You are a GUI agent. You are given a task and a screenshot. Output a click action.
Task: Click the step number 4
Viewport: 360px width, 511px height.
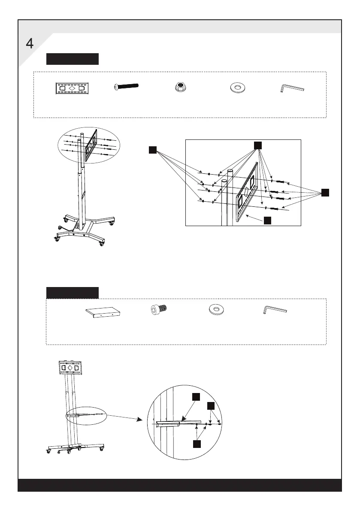(30, 44)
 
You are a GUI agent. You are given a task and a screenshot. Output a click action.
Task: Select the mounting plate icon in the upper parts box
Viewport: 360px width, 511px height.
(72, 88)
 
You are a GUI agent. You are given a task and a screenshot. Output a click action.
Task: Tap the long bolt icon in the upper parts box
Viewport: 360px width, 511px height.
(126, 86)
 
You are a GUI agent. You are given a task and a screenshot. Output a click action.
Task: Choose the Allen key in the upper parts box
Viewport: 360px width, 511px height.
(292, 88)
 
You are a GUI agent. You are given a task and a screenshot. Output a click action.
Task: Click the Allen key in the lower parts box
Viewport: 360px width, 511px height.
(274, 310)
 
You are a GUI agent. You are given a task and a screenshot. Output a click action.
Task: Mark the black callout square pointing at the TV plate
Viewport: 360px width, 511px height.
(267, 221)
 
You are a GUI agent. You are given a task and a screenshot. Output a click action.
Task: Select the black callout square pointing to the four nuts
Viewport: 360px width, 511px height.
(152, 149)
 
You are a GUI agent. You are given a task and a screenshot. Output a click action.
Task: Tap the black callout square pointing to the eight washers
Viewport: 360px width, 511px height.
(257, 145)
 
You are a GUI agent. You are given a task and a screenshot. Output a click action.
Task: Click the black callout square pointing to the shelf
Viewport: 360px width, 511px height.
(196, 397)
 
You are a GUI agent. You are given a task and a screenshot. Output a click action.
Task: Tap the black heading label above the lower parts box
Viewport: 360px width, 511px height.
(73, 293)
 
